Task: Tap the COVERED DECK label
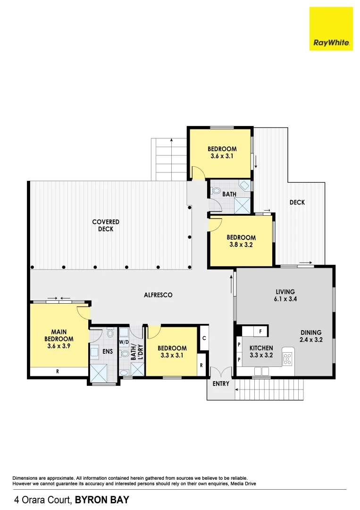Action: point(106,225)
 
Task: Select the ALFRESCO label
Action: point(158,295)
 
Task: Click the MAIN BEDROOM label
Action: point(59,335)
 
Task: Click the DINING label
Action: point(310,332)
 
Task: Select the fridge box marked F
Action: point(260,331)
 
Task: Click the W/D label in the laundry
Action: point(124,342)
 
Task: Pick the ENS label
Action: point(107,352)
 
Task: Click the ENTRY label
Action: point(220,383)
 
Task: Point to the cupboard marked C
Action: point(204,338)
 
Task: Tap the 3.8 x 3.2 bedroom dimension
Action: point(241,245)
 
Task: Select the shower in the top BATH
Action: point(243,204)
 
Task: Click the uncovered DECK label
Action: point(297,202)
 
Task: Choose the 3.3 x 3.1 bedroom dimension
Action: point(172,356)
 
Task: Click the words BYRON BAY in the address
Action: point(102,499)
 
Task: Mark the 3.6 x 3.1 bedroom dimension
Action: point(222,156)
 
